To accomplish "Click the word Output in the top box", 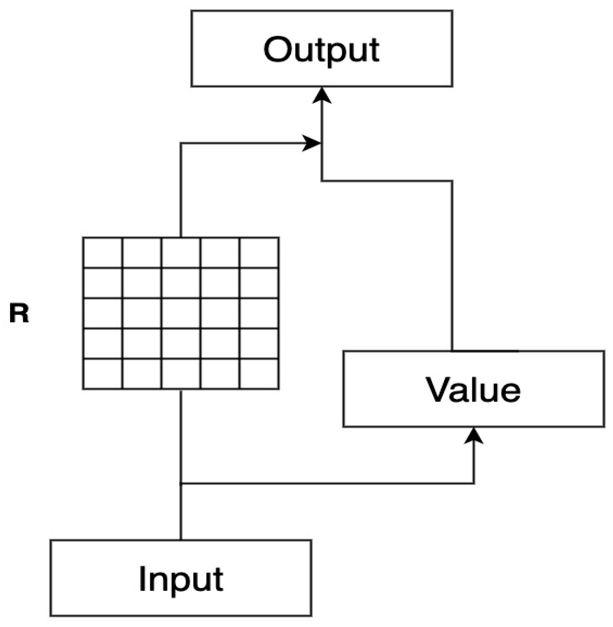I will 321,50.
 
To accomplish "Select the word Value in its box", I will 473,389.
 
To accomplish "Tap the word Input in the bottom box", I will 181,579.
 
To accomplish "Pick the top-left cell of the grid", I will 103,253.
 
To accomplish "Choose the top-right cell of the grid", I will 259,253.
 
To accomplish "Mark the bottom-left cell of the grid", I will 103,374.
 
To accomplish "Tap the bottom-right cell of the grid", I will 259,374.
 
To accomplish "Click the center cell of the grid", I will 181,313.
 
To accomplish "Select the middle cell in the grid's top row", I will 181,253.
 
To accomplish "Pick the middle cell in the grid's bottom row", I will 181,374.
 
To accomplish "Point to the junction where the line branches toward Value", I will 181,483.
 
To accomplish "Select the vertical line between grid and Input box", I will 181,437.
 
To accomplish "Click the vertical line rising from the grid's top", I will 181,190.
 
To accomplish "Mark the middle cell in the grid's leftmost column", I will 103,313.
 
